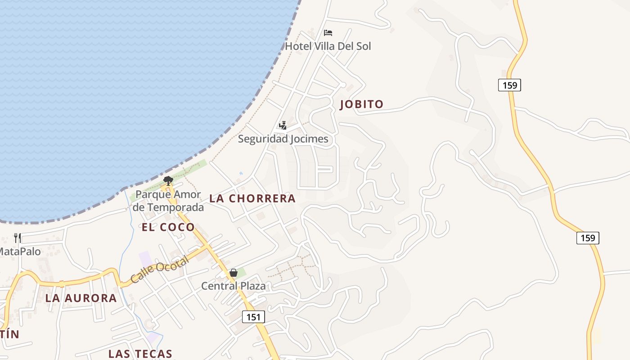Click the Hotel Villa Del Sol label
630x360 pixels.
coord(328,46)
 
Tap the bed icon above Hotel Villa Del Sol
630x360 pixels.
coord(328,33)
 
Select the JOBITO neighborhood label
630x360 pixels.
coord(362,104)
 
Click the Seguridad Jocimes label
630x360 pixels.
coord(283,139)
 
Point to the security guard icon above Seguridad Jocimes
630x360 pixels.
coord(283,126)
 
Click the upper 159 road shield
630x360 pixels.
coord(509,85)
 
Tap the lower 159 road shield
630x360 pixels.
coord(588,238)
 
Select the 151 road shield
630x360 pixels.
coord(253,317)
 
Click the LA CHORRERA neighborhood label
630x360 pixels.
coord(252,198)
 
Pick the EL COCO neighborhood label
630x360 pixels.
coord(168,227)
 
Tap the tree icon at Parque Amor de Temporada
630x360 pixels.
coord(168,181)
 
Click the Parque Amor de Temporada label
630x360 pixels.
coord(168,201)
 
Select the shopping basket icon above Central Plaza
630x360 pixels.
coord(234,273)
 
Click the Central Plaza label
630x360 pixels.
coord(234,286)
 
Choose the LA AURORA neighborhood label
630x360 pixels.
coord(81,298)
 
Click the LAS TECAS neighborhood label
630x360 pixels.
coord(140,354)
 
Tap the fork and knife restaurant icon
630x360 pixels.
coord(18,238)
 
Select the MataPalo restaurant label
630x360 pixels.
coord(20,251)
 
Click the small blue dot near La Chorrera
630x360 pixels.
coord(241,173)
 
